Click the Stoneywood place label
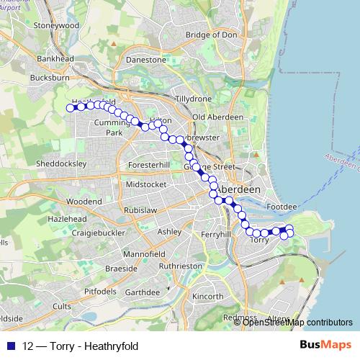click(55, 24)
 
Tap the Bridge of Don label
click(210, 35)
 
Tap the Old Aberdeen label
click(210, 117)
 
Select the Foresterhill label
click(148, 165)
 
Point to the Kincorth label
click(208, 296)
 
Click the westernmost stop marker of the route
click(71, 108)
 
